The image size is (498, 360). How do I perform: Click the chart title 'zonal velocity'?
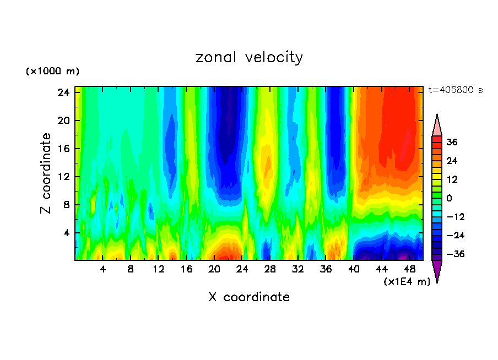[249, 57]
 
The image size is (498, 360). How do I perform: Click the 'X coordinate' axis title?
[249, 297]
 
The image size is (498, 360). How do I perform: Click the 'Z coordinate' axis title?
[46, 173]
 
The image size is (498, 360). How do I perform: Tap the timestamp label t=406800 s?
[456, 90]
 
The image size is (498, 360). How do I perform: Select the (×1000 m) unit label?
[52, 72]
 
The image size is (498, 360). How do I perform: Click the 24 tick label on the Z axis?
[63, 92]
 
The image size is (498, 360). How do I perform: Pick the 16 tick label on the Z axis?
[63, 149]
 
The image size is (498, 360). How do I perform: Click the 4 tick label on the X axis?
[102, 270]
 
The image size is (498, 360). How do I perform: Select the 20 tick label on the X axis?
[214, 270]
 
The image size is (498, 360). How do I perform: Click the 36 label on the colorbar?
[452, 142]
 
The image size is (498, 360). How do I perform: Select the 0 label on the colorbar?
[448, 198]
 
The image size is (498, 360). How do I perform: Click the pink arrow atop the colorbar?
[437, 126]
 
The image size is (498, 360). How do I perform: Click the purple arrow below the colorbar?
[437, 270]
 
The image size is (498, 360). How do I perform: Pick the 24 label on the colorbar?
[452, 161]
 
